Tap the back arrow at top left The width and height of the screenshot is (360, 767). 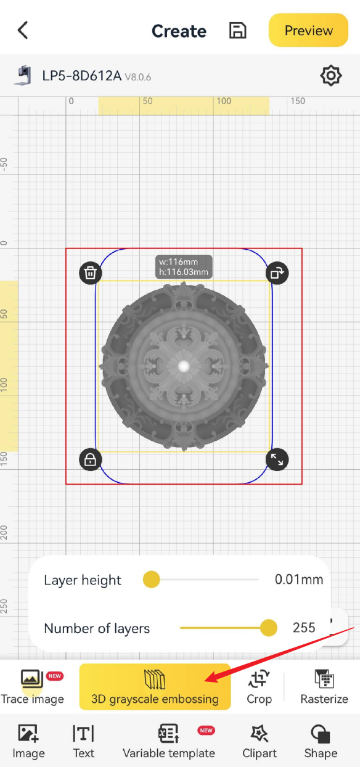pos(23,30)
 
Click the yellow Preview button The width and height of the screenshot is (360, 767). pos(308,30)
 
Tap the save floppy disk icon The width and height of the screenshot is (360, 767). pos(237,30)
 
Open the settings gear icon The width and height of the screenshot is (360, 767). pos(331,76)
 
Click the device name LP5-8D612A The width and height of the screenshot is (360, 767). pos(82,76)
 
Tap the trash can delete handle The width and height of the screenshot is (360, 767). pos(91,273)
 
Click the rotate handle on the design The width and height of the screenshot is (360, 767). pos(277,273)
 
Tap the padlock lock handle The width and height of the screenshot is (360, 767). pos(91,459)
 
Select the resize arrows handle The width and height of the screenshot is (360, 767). pos(277,459)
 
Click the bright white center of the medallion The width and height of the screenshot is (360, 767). pos(184,366)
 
